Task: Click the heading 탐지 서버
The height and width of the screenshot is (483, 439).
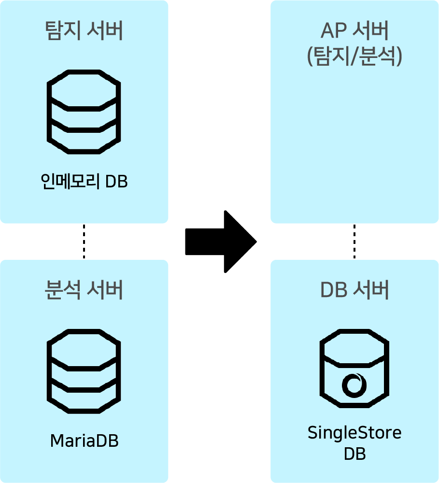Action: pos(84,31)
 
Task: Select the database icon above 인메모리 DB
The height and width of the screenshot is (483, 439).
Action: pos(84,112)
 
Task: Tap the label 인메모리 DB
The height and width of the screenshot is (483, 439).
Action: pos(84,182)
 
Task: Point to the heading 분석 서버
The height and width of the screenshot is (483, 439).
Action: pos(84,290)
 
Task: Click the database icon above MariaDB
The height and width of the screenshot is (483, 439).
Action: pos(84,371)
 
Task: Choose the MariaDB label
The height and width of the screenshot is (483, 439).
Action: pos(84,441)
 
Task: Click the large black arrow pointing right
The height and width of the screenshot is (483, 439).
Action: pos(220,241)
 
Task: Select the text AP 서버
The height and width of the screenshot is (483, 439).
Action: pos(354,32)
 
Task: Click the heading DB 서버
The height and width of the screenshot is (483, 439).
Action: pos(354,290)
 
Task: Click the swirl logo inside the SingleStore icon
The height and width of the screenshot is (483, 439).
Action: pos(355,385)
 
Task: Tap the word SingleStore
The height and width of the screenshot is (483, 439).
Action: pos(354,432)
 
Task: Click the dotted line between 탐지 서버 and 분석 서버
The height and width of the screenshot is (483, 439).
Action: pos(84,241)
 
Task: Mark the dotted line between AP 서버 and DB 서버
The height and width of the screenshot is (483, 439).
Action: pos(354,241)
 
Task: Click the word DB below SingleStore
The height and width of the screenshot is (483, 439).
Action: pos(354,455)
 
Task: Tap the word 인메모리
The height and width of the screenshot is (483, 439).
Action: pos(71,182)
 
